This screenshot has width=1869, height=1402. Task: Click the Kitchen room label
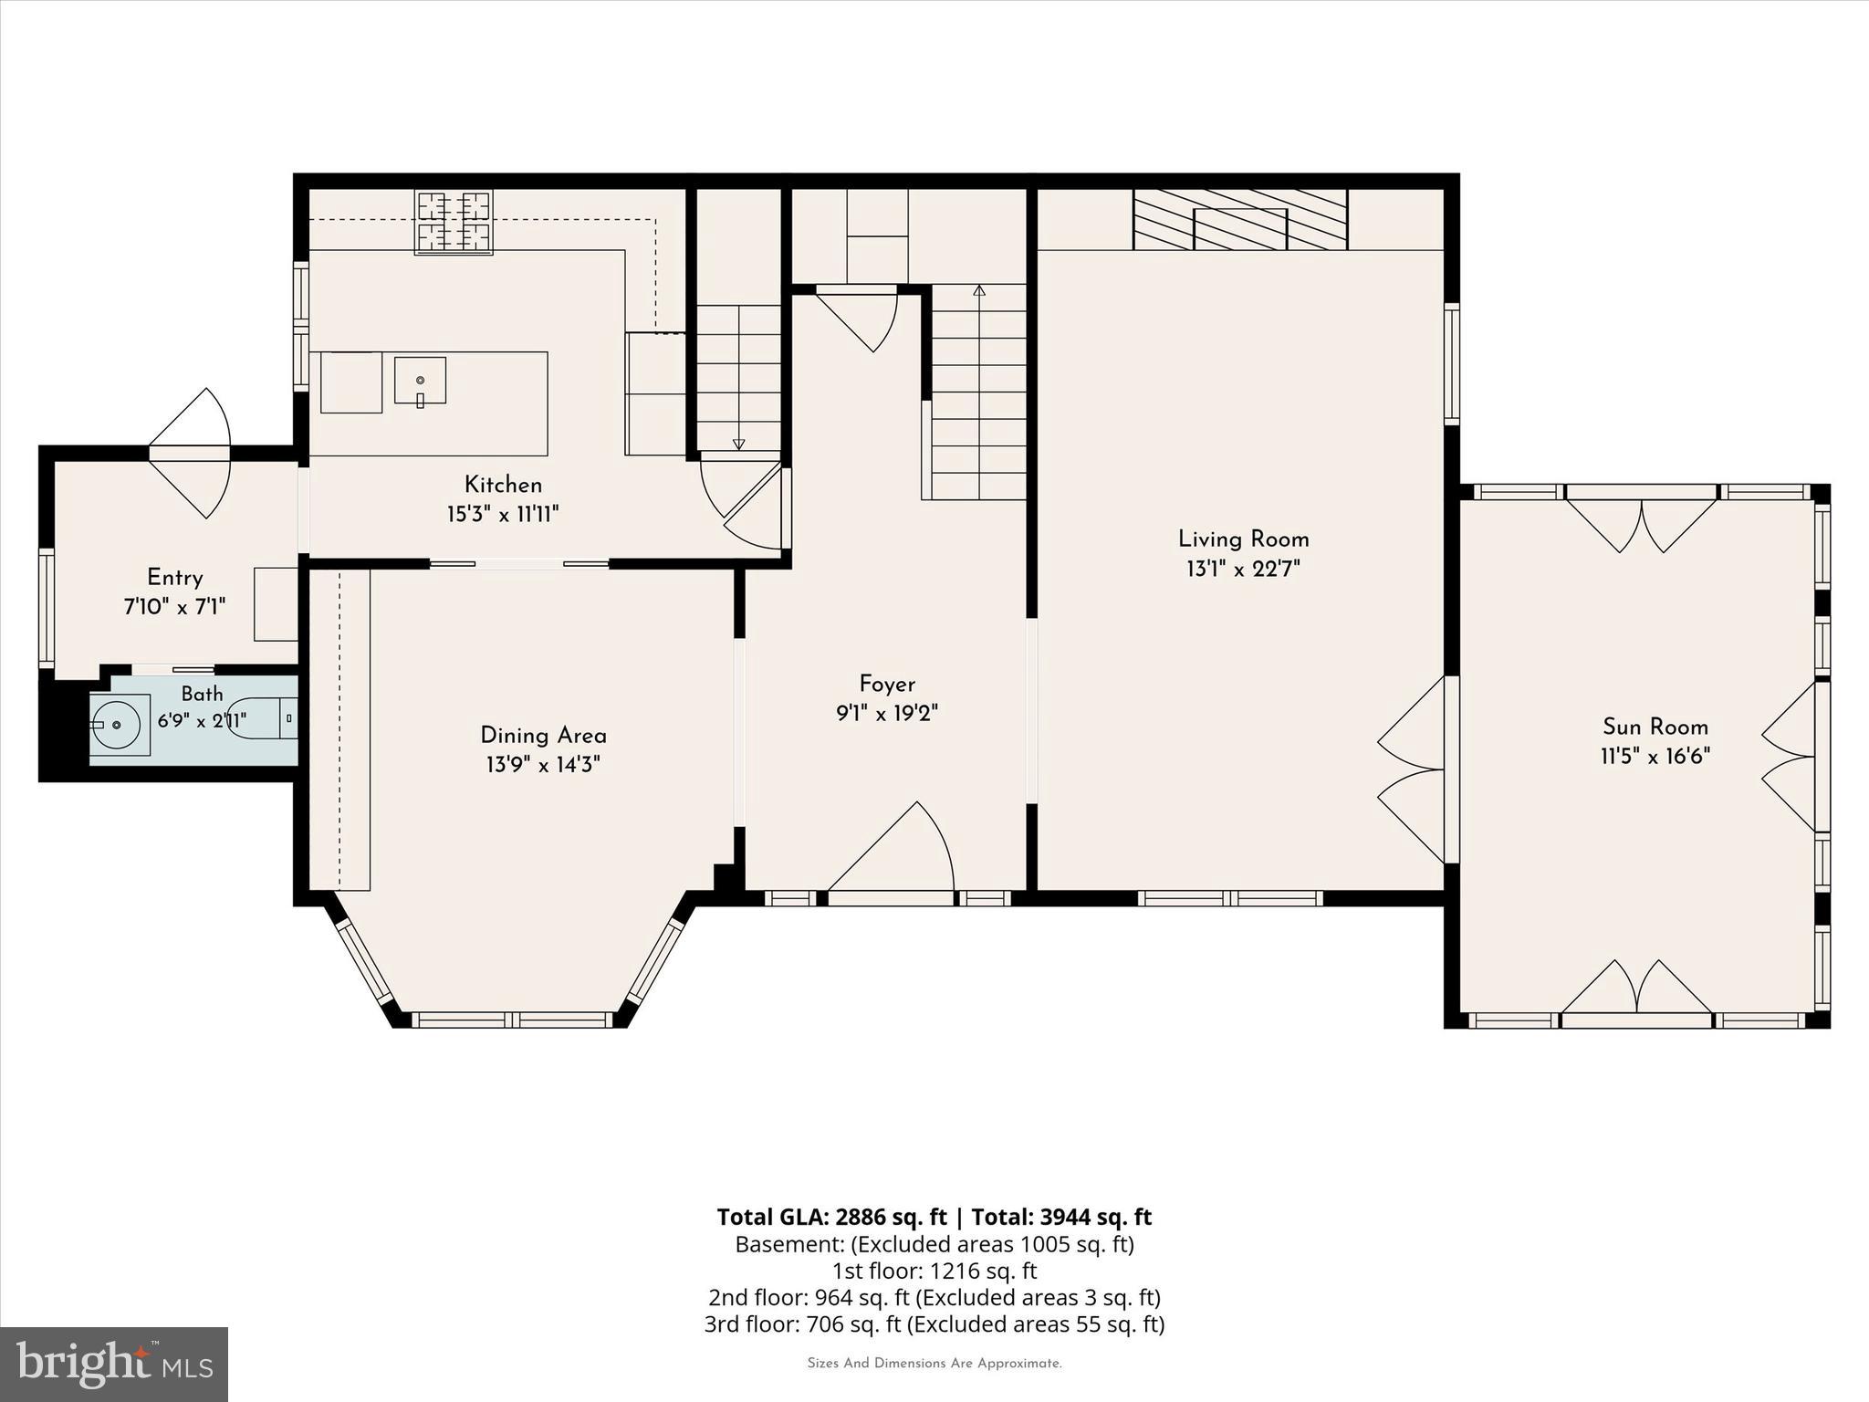tap(503, 485)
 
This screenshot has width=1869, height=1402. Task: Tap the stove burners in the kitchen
tap(454, 222)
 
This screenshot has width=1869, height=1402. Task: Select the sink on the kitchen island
tap(421, 381)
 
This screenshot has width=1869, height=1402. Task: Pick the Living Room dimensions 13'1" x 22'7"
tap(1243, 570)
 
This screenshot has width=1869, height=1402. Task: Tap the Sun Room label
tap(1655, 727)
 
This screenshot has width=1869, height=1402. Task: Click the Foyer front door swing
tap(891, 846)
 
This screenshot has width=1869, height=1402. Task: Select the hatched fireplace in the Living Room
tap(1240, 219)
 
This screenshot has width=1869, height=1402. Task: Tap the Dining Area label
tap(543, 736)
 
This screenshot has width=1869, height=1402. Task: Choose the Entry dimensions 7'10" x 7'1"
tap(174, 606)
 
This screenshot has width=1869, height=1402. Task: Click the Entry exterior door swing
tap(190, 454)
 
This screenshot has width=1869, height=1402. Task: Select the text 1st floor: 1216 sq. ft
tap(934, 1271)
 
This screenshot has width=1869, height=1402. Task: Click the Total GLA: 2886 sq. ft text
tap(832, 1217)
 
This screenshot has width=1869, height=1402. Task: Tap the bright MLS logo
tap(114, 1365)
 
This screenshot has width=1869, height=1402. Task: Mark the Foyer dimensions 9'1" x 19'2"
tap(887, 713)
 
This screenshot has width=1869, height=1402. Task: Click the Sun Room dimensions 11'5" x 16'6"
tap(1655, 757)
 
